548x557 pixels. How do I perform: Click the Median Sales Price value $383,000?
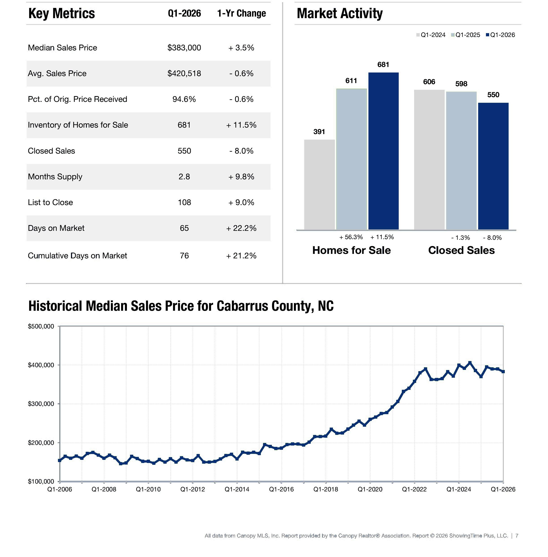pos(184,47)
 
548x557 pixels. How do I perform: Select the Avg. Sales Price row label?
pos(57,73)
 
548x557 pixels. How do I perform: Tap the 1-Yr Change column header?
pos(242,13)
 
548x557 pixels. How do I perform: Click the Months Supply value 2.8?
pos(184,176)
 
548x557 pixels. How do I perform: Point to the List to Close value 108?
pos(184,202)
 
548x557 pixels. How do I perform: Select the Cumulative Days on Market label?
pos(77,256)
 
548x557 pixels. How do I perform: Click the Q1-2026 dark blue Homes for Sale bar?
pos(383,151)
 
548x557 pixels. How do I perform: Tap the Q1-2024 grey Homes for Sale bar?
pos(319,184)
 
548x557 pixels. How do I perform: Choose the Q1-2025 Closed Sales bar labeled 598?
pos(461,161)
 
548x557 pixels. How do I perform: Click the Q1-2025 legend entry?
pos(465,35)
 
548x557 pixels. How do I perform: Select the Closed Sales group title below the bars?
pos(461,250)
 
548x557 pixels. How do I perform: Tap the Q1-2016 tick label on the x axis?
pos(281,489)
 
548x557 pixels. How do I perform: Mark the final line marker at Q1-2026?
pos(503,372)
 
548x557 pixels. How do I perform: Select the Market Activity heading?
pos(340,13)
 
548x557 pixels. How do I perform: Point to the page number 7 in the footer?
pos(517,536)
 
